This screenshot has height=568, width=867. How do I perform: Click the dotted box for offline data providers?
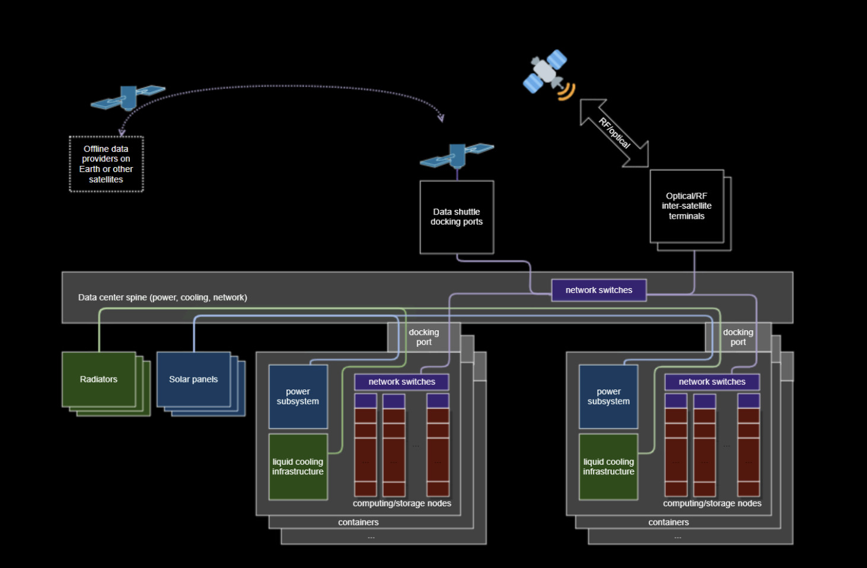[106, 164]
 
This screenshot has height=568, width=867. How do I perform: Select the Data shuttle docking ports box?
[457, 217]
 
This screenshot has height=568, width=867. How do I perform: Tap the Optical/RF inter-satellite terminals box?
[687, 206]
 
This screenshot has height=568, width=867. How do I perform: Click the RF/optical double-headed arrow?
[614, 133]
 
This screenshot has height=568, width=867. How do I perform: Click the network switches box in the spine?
[598, 290]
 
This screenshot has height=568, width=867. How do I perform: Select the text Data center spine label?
[162, 298]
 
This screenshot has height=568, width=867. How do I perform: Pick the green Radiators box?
[99, 379]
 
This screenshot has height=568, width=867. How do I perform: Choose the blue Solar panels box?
[193, 379]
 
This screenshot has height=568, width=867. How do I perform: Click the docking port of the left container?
[424, 337]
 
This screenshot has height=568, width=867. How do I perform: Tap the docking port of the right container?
[738, 337]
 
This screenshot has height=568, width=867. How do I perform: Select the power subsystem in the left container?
[298, 397]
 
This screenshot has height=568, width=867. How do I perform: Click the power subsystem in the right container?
[608, 397]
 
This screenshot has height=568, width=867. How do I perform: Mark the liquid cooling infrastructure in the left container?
[298, 467]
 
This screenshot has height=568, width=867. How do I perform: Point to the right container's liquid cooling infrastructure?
[608, 467]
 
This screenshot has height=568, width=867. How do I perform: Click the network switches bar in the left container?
[401, 382]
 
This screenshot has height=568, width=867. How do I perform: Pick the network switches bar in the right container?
[712, 382]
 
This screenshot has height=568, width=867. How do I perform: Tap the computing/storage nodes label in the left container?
[402, 503]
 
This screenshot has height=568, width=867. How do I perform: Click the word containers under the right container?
[668, 522]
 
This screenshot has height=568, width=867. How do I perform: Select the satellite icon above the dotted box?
[128, 98]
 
